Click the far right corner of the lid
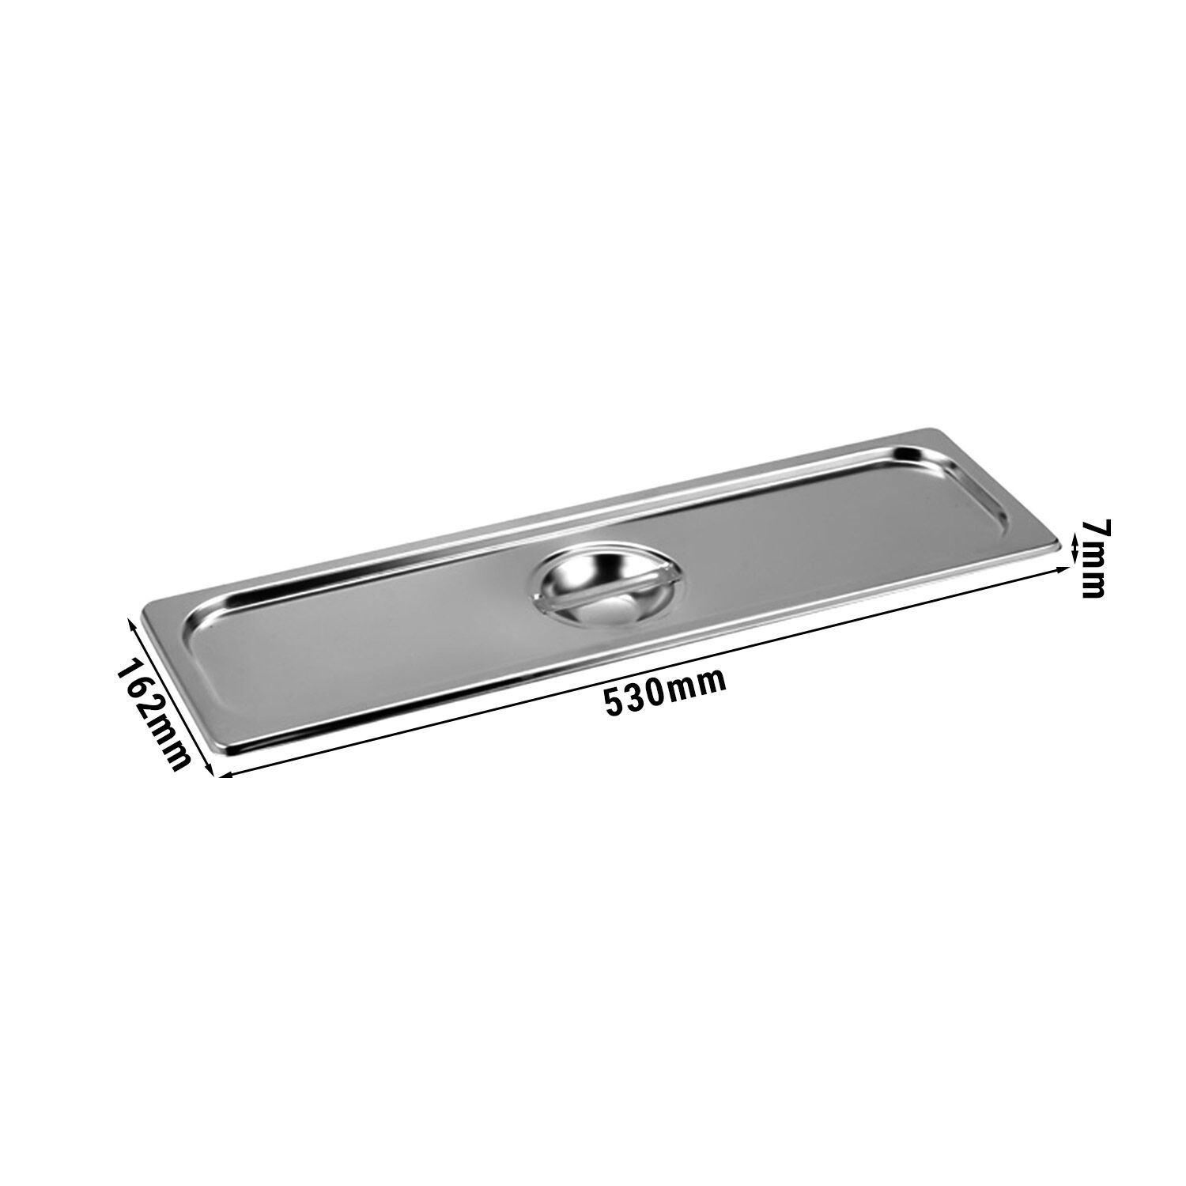coord(1058,546)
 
